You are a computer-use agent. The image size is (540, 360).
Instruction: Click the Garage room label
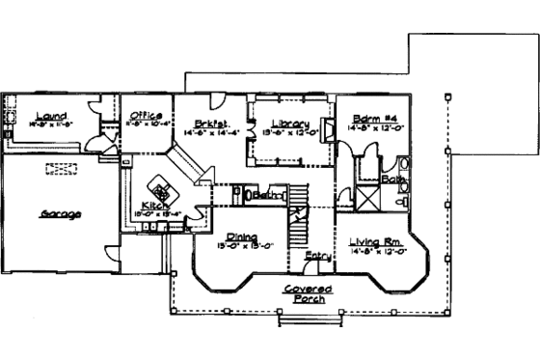pyautogui.click(x=60, y=213)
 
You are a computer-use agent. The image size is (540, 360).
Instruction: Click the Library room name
pyautogui.click(x=289, y=124)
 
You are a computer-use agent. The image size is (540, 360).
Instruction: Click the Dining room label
pyautogui.click(x=242, y=235)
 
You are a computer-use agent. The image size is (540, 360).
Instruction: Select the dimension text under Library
pyautogui.click(x=289, y=132)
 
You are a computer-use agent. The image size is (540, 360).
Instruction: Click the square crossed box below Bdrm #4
pyautogui.click(x=369, y=186)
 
